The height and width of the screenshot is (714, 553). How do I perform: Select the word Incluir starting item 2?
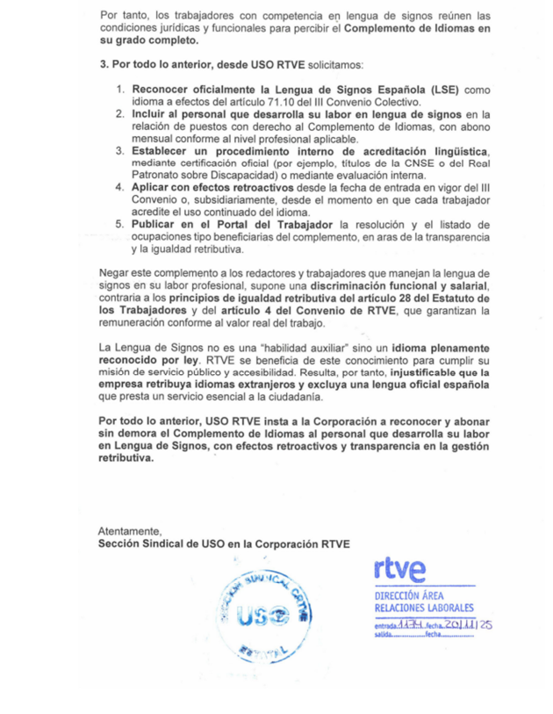coord(151,114)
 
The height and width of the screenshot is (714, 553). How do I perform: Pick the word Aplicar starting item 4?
coord(152,188)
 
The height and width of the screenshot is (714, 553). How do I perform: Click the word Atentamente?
coord(130,531)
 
